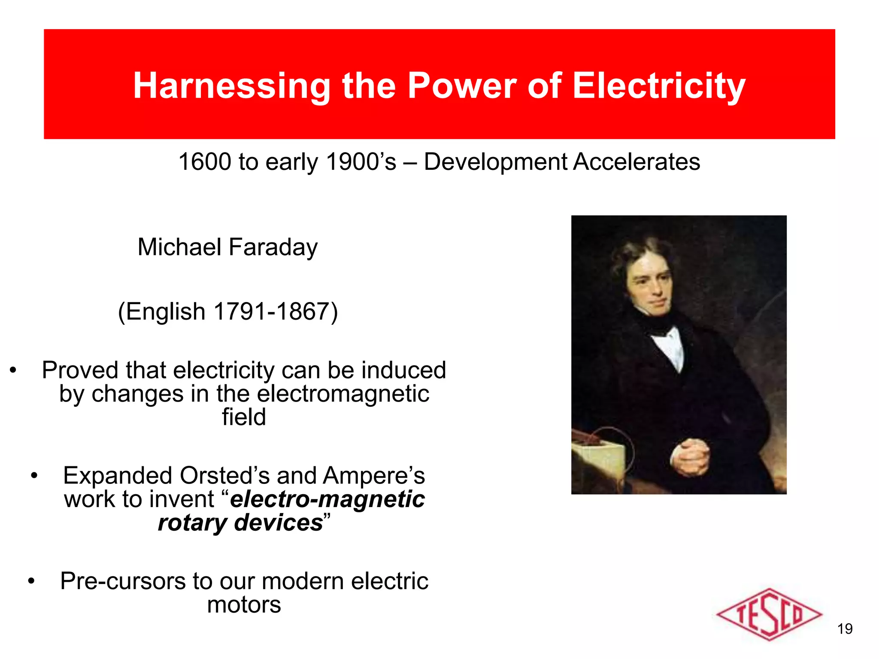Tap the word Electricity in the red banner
pyautogui.click(x=658, y=86)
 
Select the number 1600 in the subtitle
pyautogui.click(x=204, y=162)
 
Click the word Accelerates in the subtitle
pyautogui.click(x=637, y=162)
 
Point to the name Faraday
pyautogui.click(x=273, y=247)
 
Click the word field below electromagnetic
pyautogui.click(x=244, y=417)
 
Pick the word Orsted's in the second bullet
pyautogui.click(x=225, y=476)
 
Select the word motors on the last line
pyautogui.click(x=244, y=605)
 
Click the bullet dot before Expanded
pyautogui.click(x=34, y=476)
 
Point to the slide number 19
pyautogui.click(x=845, y=629)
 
